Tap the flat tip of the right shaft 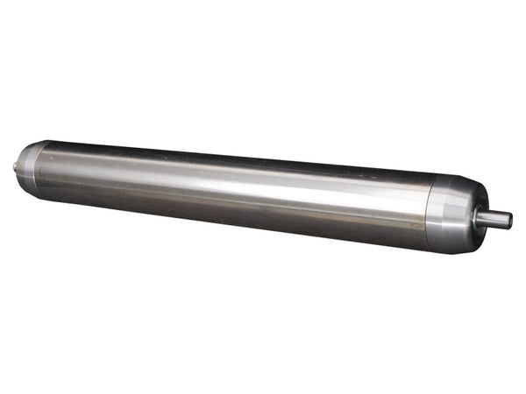pos(510,221)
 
